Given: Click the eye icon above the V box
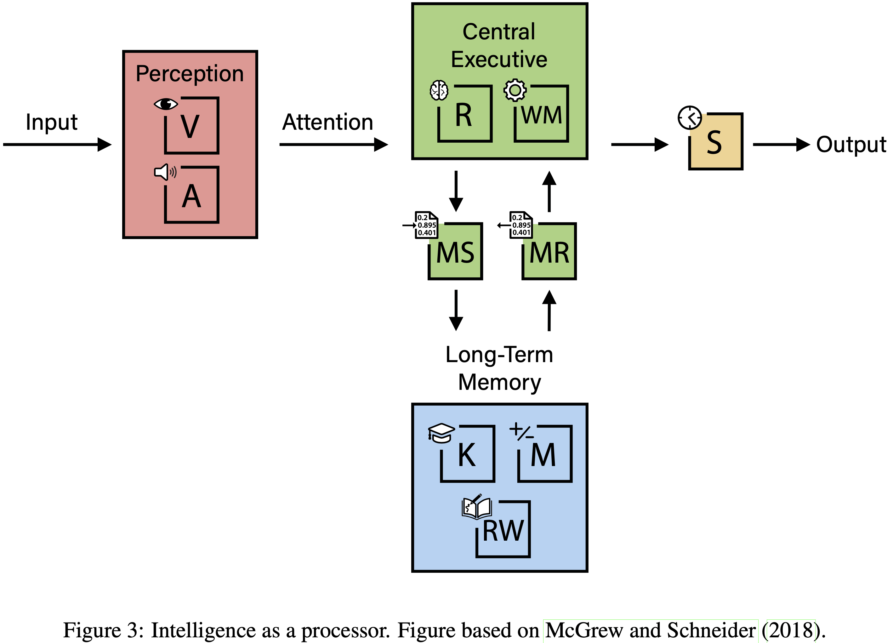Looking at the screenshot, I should click(x=166, y=104).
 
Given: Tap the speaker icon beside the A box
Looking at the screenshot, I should click(x=165, y=172).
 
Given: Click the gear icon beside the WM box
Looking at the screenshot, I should click(x=515, y=90).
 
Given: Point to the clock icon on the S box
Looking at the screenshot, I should click(x=690, y=117).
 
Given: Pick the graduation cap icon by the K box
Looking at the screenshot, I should click(x=441, y=433).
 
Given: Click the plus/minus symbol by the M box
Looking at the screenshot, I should click(x=521, y=432).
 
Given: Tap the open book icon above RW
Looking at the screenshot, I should click(x=476, y=507).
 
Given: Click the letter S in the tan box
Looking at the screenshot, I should click(x=714, y=143).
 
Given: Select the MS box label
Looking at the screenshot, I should click(x=455, y=253).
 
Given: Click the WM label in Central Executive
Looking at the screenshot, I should click(x=541, y=115).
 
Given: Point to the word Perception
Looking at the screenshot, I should click(x=190, y=74).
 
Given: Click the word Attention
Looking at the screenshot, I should click(x=327, y=122).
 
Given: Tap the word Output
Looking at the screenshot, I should click(x=851, y=145).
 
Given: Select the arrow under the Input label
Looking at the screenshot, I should click(x=57, y=145).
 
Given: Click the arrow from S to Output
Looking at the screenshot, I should click(x=781, y=145).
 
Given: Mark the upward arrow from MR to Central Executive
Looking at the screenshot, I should click(x=549, y=191).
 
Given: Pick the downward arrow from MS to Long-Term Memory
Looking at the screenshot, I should click(x=456, y=310).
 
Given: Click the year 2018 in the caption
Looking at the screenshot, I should click(x=791, y=630).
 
